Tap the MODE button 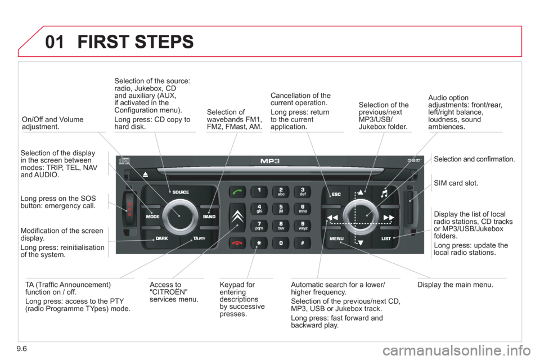coord(154,217)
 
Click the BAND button coord(209,217)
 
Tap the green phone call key coord(237,192)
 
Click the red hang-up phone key coord(237,242)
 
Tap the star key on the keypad coord(259,244)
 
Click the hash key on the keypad coord(302,244)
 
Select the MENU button coord(336,239)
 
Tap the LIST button coord(386,239)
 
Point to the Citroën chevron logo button coord(237,217)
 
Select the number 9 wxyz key coord(302,226)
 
